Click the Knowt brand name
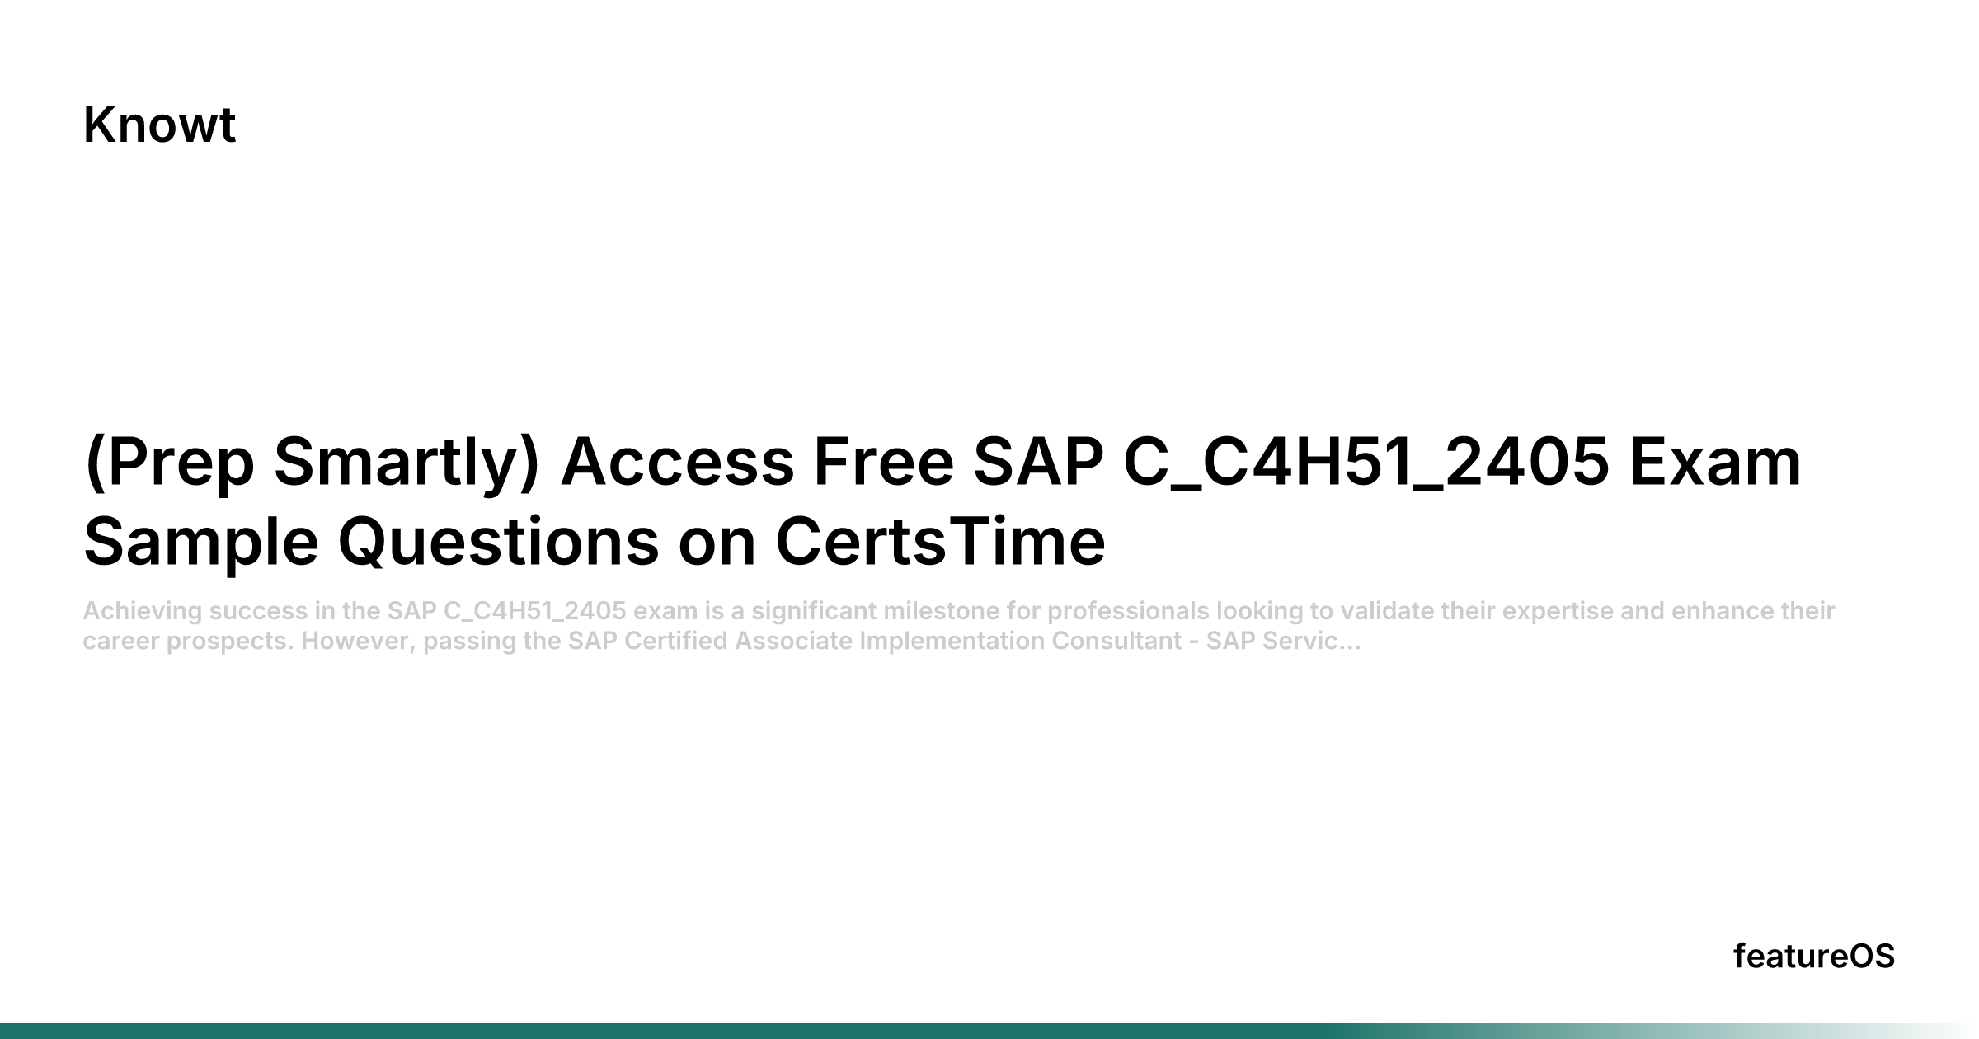tap(160, 125)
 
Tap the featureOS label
tap(1814, 957)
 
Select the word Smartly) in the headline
tap(407, 463)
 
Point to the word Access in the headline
tap(677, 463)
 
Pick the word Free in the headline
tap(883, 463)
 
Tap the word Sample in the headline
tap(201, 544)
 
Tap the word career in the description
tap(121, 642)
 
